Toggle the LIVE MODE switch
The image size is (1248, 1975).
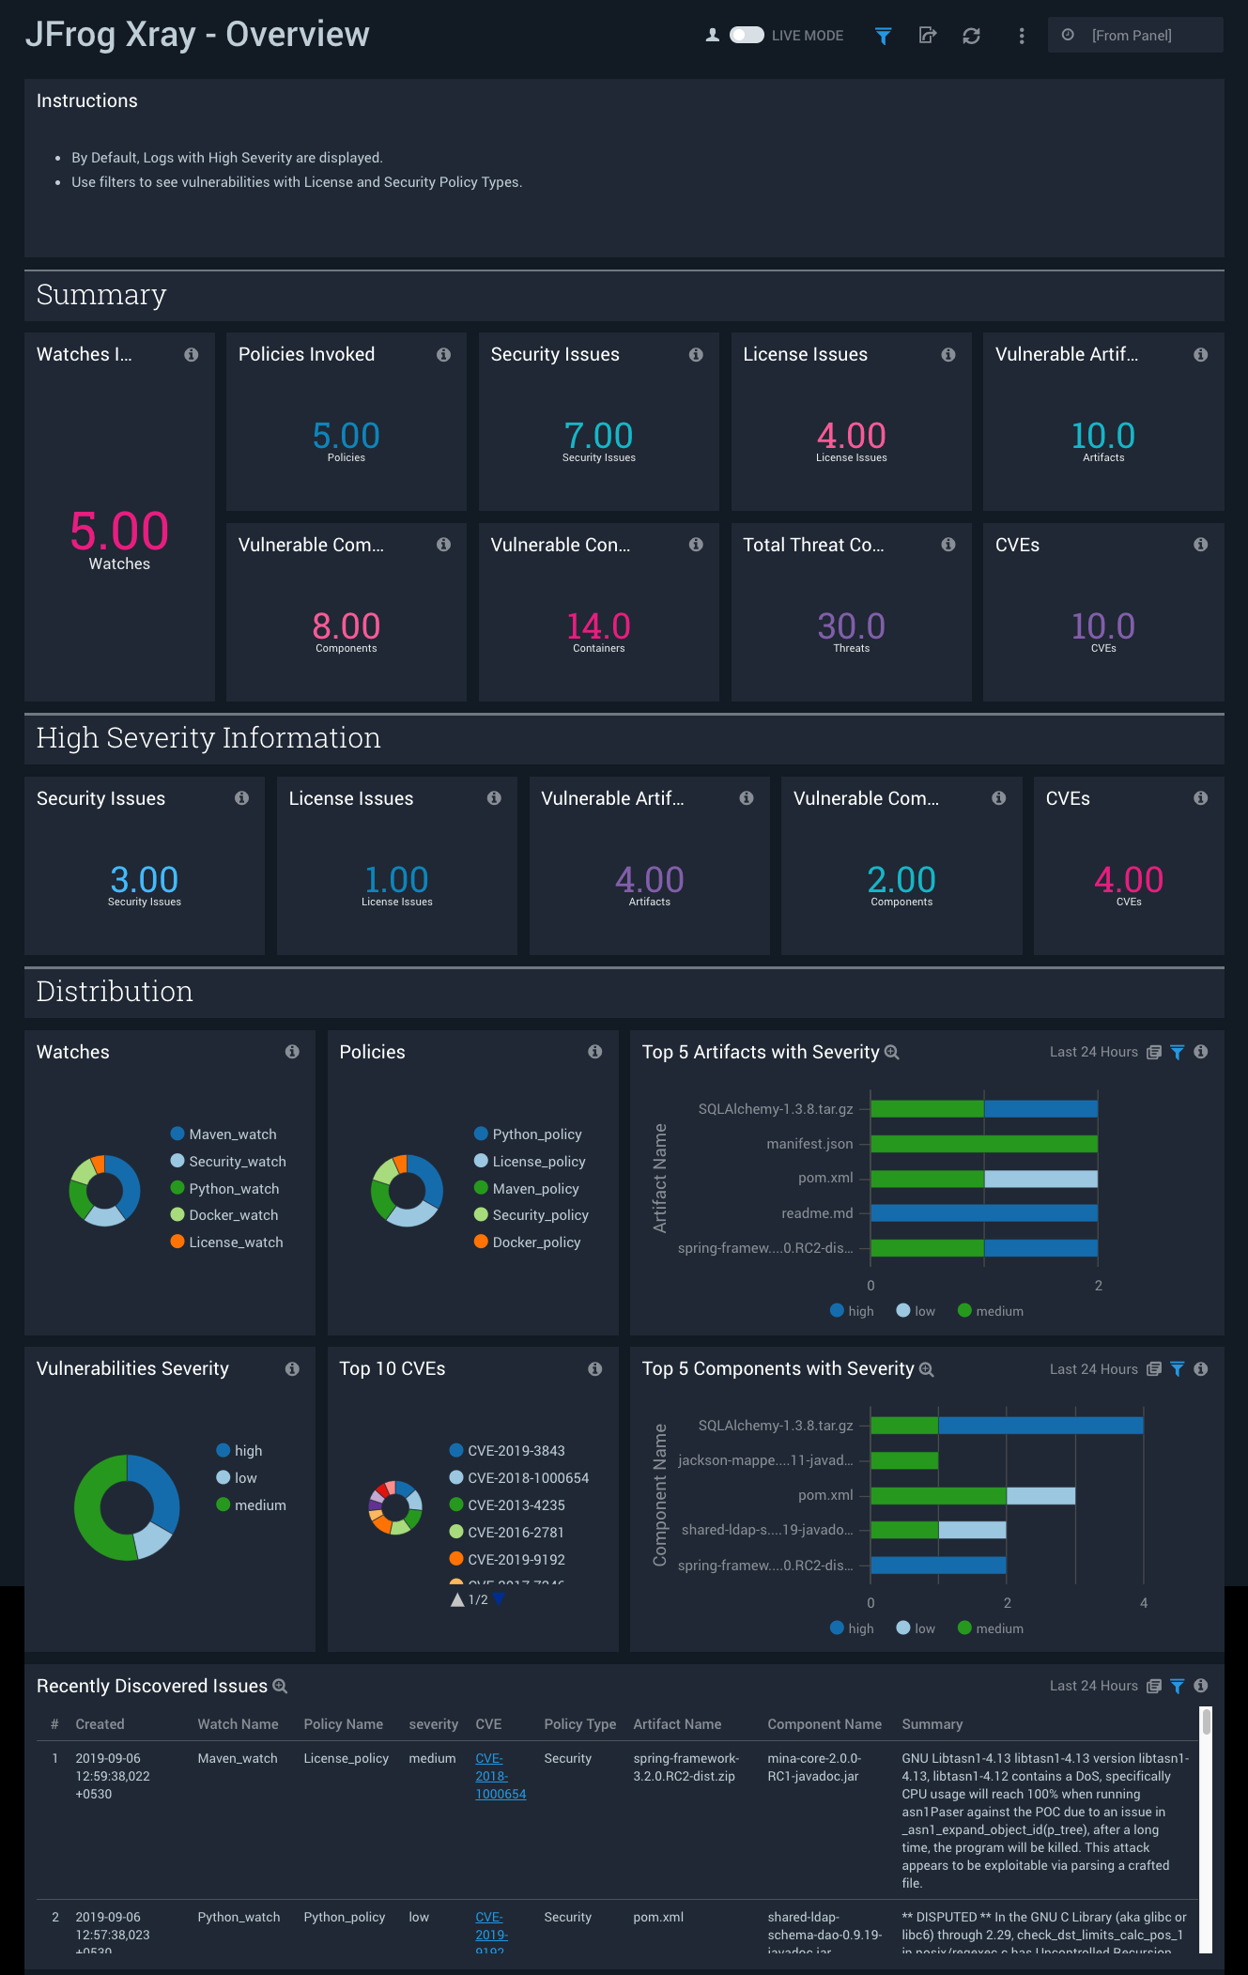click(747, 36)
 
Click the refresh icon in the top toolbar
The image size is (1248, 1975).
click(971, 36)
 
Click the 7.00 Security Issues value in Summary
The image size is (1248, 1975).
click(599, 436)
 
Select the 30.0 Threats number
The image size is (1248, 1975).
click(851, 626)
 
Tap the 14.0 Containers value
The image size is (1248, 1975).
click(599, 626)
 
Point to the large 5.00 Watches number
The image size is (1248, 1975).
click(119, 531)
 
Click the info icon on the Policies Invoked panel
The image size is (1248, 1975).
click(443, 355)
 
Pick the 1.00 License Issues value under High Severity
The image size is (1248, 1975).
click(396, 880)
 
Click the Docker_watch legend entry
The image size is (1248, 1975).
click(233, 1215)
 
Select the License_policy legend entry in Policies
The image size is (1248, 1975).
click(538, 1162)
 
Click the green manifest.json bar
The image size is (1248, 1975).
click(984, 1144)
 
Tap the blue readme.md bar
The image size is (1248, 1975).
click(984, 1213)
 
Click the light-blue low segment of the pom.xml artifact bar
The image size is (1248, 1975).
click(1040, 1179)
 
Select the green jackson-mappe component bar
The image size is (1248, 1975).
click(904, 1460)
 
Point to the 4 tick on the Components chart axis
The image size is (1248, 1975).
click(1144, 1603)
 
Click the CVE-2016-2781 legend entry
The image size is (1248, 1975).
click(516, 1533)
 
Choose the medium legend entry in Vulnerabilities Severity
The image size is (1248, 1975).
click(259, 1505)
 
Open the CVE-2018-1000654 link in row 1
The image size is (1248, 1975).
click(500, 1776)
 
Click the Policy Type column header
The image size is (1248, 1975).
click(579, 1724)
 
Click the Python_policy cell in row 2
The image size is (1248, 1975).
click(344, 1917)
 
